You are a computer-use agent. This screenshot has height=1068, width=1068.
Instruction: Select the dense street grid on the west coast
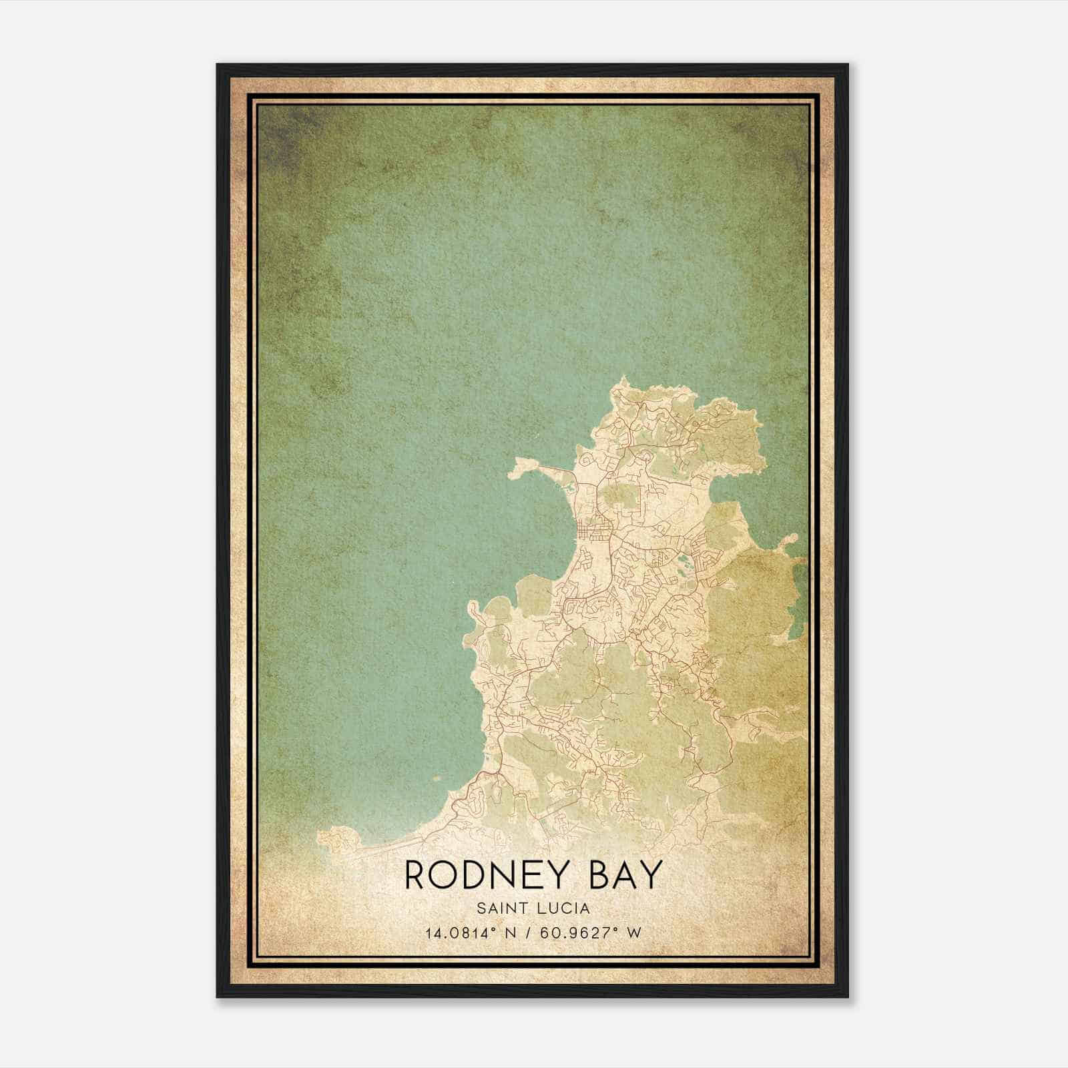pyautogui.click(x=592, y=533)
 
